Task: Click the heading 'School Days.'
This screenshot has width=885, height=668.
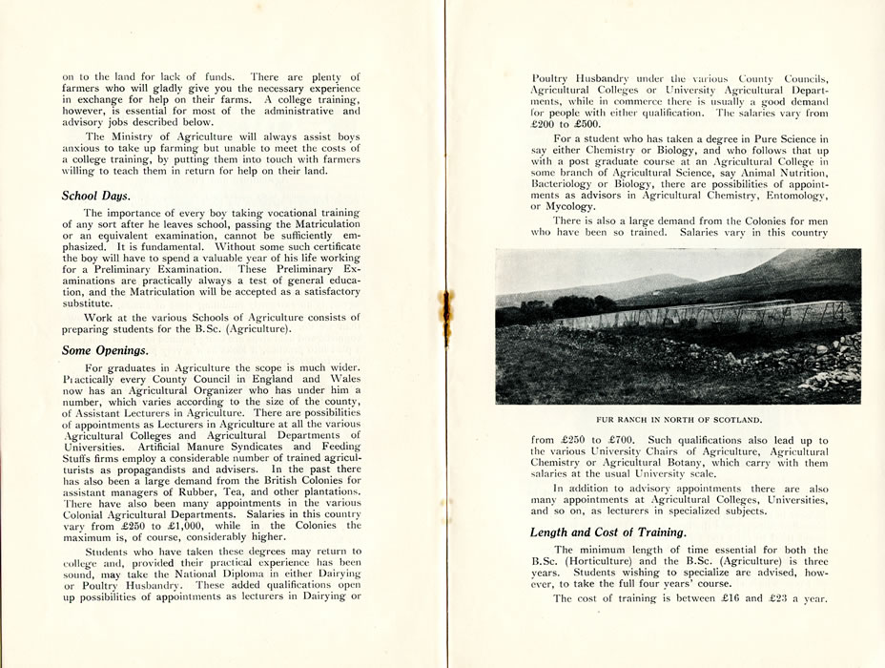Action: [x=95, y=196]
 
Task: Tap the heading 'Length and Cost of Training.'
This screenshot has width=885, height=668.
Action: [x=607, y=532]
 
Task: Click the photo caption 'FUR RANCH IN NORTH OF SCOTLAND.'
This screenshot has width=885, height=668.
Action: [x=678, y=419]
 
